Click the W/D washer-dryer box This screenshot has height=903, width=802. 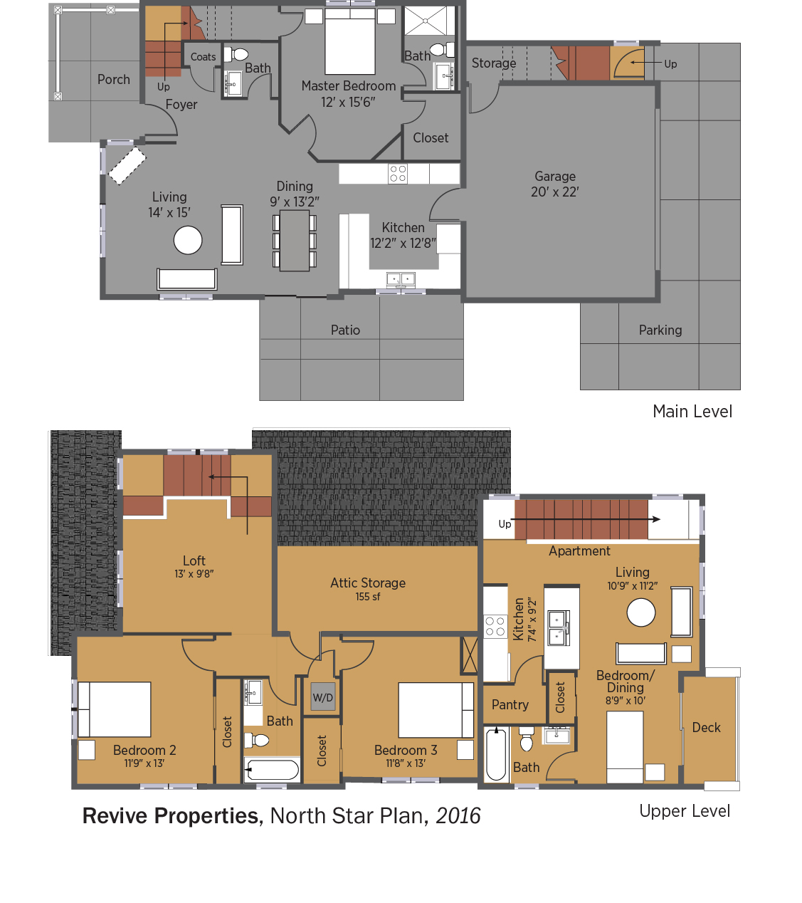pos(323,696)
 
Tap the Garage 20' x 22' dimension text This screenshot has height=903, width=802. pos(554,192)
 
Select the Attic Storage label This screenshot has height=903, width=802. pos(368,583)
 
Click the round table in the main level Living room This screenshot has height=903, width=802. pos(187,240)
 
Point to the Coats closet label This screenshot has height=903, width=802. pos(203,57)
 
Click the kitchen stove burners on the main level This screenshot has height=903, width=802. pos(398,174)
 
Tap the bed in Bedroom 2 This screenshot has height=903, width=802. pos(115,709)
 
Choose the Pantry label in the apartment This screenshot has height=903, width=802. pos(510,704)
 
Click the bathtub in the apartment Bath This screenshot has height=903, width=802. pos(496,754)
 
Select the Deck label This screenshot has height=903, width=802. pos(706,727)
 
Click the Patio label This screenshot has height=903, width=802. pos(345,330)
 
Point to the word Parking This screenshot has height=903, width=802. pos(660,330)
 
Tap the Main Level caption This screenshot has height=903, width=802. pos(692,411)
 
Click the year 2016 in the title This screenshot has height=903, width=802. pos(458,816)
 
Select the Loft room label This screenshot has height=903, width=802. pos(194,560)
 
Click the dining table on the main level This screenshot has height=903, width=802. pos(295,241)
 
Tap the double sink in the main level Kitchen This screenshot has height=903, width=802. pos(401,279)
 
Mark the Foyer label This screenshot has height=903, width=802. pos(181,104)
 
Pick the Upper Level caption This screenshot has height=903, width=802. pos(685,811)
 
